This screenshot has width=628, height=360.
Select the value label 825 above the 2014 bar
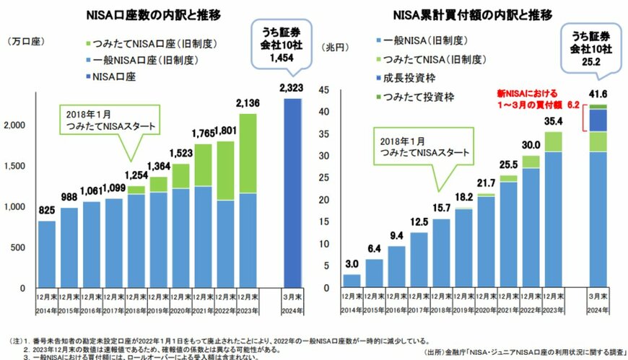46,211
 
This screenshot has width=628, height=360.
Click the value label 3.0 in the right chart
351,264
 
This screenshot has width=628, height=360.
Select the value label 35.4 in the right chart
553,121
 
